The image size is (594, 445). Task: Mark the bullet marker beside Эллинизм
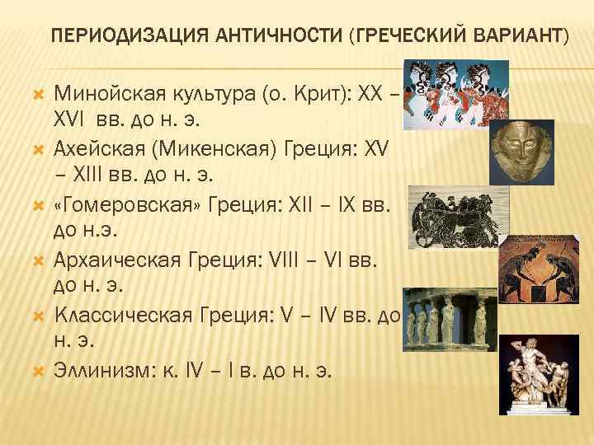pyautogui.click(x=37, y=371)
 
